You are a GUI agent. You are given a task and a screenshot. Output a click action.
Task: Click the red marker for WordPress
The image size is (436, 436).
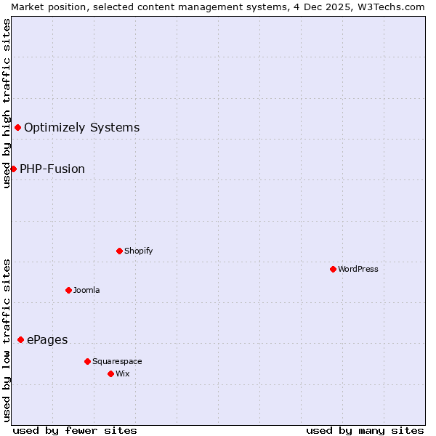point(333,269)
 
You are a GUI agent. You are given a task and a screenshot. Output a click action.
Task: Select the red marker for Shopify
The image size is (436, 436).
point(119,251)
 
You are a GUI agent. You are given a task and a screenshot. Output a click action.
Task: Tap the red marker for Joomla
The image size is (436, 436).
point(68,290)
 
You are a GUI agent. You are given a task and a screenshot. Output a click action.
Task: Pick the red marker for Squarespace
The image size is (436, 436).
point(87,361)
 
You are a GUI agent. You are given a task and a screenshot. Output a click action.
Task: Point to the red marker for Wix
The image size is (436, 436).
point(110,374)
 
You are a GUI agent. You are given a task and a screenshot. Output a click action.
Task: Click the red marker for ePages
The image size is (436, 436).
point(20,339)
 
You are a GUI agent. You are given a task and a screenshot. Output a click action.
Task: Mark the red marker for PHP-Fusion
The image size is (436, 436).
point(13,169)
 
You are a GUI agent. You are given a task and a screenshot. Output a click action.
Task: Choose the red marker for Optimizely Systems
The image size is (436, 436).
point(17,127)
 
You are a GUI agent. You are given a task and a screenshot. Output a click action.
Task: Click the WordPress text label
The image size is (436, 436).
point(358,269)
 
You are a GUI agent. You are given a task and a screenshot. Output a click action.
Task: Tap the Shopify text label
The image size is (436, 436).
point(139,251)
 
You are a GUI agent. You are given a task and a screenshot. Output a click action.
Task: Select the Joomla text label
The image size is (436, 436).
point(86,290)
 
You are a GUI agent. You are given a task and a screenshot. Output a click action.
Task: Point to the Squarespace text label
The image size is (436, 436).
point(117,361)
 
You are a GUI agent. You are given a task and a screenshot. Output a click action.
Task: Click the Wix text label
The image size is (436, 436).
point(123,374)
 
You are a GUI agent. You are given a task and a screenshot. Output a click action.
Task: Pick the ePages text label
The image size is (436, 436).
point(47,339)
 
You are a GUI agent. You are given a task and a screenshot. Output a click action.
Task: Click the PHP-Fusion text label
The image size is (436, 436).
point(52,169)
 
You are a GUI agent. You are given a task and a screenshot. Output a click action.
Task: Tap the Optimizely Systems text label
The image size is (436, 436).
point(81,127)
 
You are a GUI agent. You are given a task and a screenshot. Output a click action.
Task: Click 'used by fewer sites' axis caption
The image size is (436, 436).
point(75,430)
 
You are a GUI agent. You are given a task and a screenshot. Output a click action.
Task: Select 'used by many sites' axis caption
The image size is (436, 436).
point(365,430)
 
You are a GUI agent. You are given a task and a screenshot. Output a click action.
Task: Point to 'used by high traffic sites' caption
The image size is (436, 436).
point(7,103)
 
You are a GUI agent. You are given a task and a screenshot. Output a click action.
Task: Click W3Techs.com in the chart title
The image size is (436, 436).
point(391,7)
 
